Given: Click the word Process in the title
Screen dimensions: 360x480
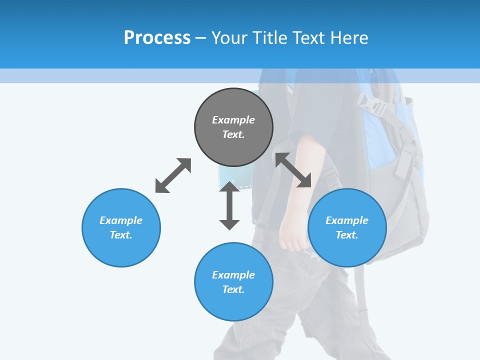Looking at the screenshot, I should pyautogui.click(x=157, y=38).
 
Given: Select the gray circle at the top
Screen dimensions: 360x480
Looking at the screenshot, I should pyautogui.click(x=233, y=127).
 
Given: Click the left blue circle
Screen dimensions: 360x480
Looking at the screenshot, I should pyautogui.click(x=121, y=227).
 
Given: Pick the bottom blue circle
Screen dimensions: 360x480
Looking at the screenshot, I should pyautogui.click(x=233, y=282).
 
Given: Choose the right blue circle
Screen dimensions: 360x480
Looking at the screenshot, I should pyautogui.click(x=347, y=227).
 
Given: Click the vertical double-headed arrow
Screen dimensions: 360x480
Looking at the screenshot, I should pyautogui.click(x=229, y=205).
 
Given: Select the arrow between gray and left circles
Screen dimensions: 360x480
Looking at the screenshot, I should pyautogui.click(x=173, y=175).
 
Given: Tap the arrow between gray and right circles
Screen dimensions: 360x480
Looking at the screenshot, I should pyautogui.click(x=293, y=170).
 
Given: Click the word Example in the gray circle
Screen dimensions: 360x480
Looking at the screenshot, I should pyautogui.click(x=233, y=120).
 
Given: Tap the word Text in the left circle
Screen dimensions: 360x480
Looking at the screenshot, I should pyautogui.click(x=121, y=235).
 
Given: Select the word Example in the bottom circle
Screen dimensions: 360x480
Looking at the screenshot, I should pyautogui.click(x=233, y=274).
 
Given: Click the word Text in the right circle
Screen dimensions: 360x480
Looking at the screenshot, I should pyautogui.click(x=347, y=235).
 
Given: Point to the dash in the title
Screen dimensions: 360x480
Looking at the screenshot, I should pyautogui.click(x=201, y=38).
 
